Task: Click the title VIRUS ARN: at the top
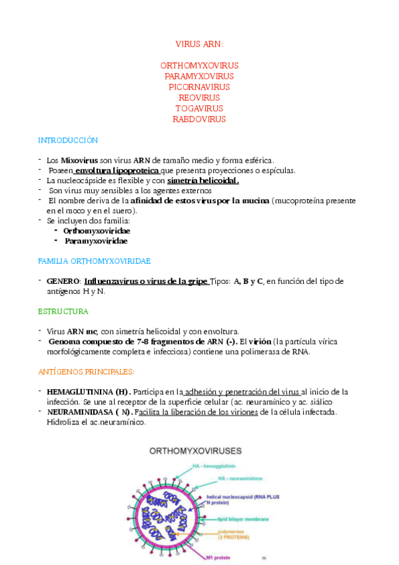[x=199, y=44]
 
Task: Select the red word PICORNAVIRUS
[x=199, y=87]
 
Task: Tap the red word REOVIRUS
[x=199, y=98]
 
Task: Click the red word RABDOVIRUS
[x=199, y=119]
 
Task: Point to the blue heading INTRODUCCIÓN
[x=68, y=141]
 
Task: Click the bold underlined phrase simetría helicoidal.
[x=203, y=181]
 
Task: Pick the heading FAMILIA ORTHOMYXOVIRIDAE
[x=95, y=260]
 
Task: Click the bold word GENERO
[x=63, y=281]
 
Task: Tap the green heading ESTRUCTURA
[x=63, y=311]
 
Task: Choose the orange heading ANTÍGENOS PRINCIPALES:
[x=87, y=371]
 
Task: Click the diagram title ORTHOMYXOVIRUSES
[x=195, y=450]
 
